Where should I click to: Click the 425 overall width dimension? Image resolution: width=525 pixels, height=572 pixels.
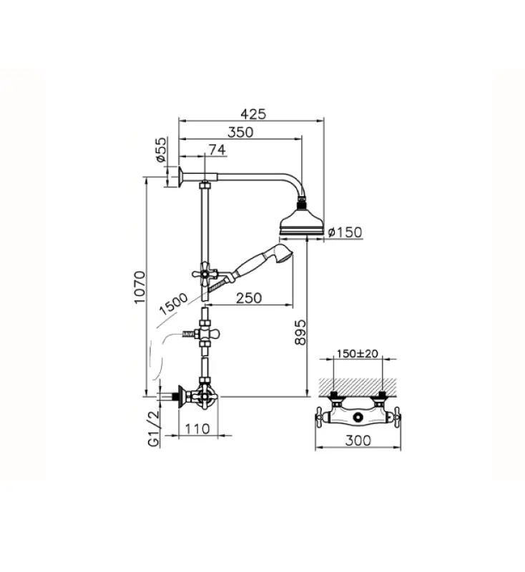(x=253, y=114)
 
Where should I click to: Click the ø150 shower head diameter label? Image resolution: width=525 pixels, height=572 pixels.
(x=345, y=232)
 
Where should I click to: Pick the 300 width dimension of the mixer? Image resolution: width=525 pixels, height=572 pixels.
(x=358, y=440)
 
